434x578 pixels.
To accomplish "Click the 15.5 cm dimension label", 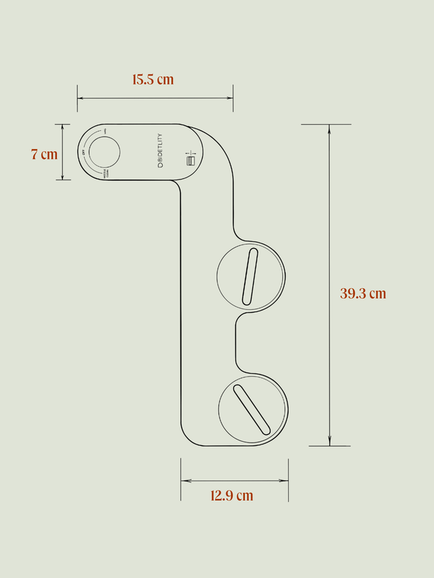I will click(153, 79).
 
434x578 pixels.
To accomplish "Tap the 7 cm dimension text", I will click(44, 154).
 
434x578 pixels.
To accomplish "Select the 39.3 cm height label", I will click(363, 293).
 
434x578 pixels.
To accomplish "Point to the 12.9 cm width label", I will click(231, 495).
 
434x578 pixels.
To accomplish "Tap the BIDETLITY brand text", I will click(159, 152).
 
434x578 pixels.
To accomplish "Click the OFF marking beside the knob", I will click(84, 152).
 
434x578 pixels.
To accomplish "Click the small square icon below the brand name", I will click(191, 161).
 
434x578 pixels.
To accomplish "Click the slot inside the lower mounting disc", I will click(252, 409).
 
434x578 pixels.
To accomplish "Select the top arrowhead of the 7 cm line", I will click(63, 127).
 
